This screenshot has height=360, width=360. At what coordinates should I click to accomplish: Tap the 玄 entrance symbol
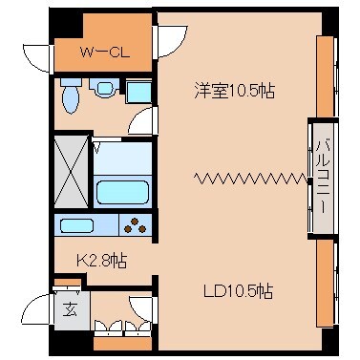pos(70,307)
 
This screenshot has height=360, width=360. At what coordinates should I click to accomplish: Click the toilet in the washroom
pos(71,96)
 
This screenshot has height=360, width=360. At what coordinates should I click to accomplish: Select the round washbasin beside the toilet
pos(103,91)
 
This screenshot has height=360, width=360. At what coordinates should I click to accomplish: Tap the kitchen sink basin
pos(75,227)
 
